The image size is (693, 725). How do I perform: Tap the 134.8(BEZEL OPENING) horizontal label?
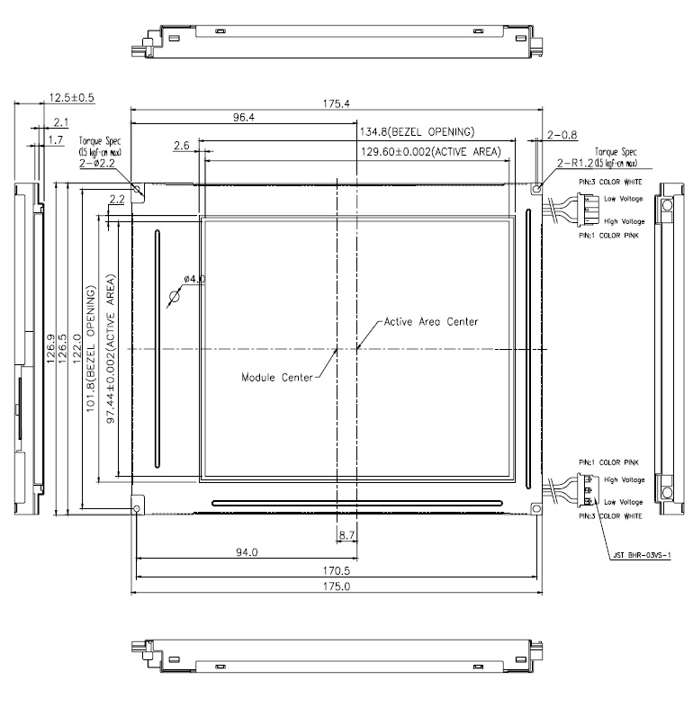[x=417, y=132]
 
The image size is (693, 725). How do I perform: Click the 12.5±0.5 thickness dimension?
[x=71, y=96]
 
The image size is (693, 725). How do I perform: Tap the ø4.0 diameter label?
[x=193, y=280]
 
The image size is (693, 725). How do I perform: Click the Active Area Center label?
[x=431, y=321]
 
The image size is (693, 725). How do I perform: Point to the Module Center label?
[x=276, y=377]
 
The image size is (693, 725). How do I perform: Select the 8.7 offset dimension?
[x=346, y=536]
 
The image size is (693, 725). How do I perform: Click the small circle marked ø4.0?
[x=175, y=297]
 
